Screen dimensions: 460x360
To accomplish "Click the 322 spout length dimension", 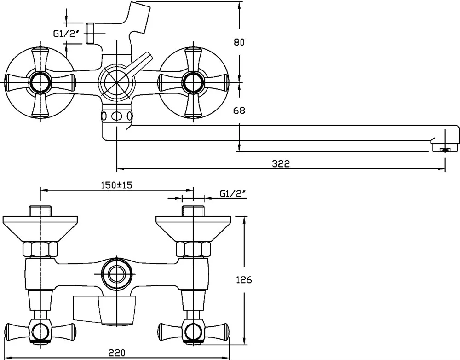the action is point(281,163).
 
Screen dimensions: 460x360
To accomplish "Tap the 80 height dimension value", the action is point(239,42).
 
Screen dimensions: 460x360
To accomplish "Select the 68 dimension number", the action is point(239,110).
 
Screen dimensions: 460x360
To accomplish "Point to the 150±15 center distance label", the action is point(117,185).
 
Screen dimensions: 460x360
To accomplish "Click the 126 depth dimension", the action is point(244,280).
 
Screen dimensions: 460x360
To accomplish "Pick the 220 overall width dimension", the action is point(117,352).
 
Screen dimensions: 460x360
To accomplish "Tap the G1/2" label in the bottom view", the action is point(233,193).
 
